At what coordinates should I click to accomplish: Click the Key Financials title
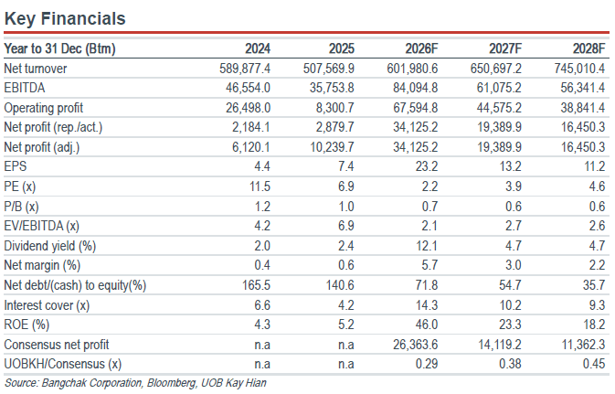coord(65,19)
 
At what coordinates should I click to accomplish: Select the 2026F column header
coord(421,48)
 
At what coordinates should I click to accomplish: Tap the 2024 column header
coord(258,48)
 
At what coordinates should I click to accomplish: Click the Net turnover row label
coord(36,69)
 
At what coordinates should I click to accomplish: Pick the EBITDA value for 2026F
coord(416,88)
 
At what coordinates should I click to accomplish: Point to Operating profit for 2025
coord(335,108)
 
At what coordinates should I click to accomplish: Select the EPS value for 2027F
coord(510,166)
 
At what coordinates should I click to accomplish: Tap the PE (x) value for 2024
coord(260,186)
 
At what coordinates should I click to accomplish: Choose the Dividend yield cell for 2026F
coord(427,246)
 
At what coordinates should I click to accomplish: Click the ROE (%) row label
coord(27,325)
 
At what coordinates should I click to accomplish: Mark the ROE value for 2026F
coord(427,325)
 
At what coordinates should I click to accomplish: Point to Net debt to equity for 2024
coord(256,285)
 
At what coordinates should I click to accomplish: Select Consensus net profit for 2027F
coord(499,345)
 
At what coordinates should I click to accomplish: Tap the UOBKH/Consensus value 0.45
coord(594,364)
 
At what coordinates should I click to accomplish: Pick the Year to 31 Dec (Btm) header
coord(59,48)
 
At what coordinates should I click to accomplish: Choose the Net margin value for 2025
coord(346,265)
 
